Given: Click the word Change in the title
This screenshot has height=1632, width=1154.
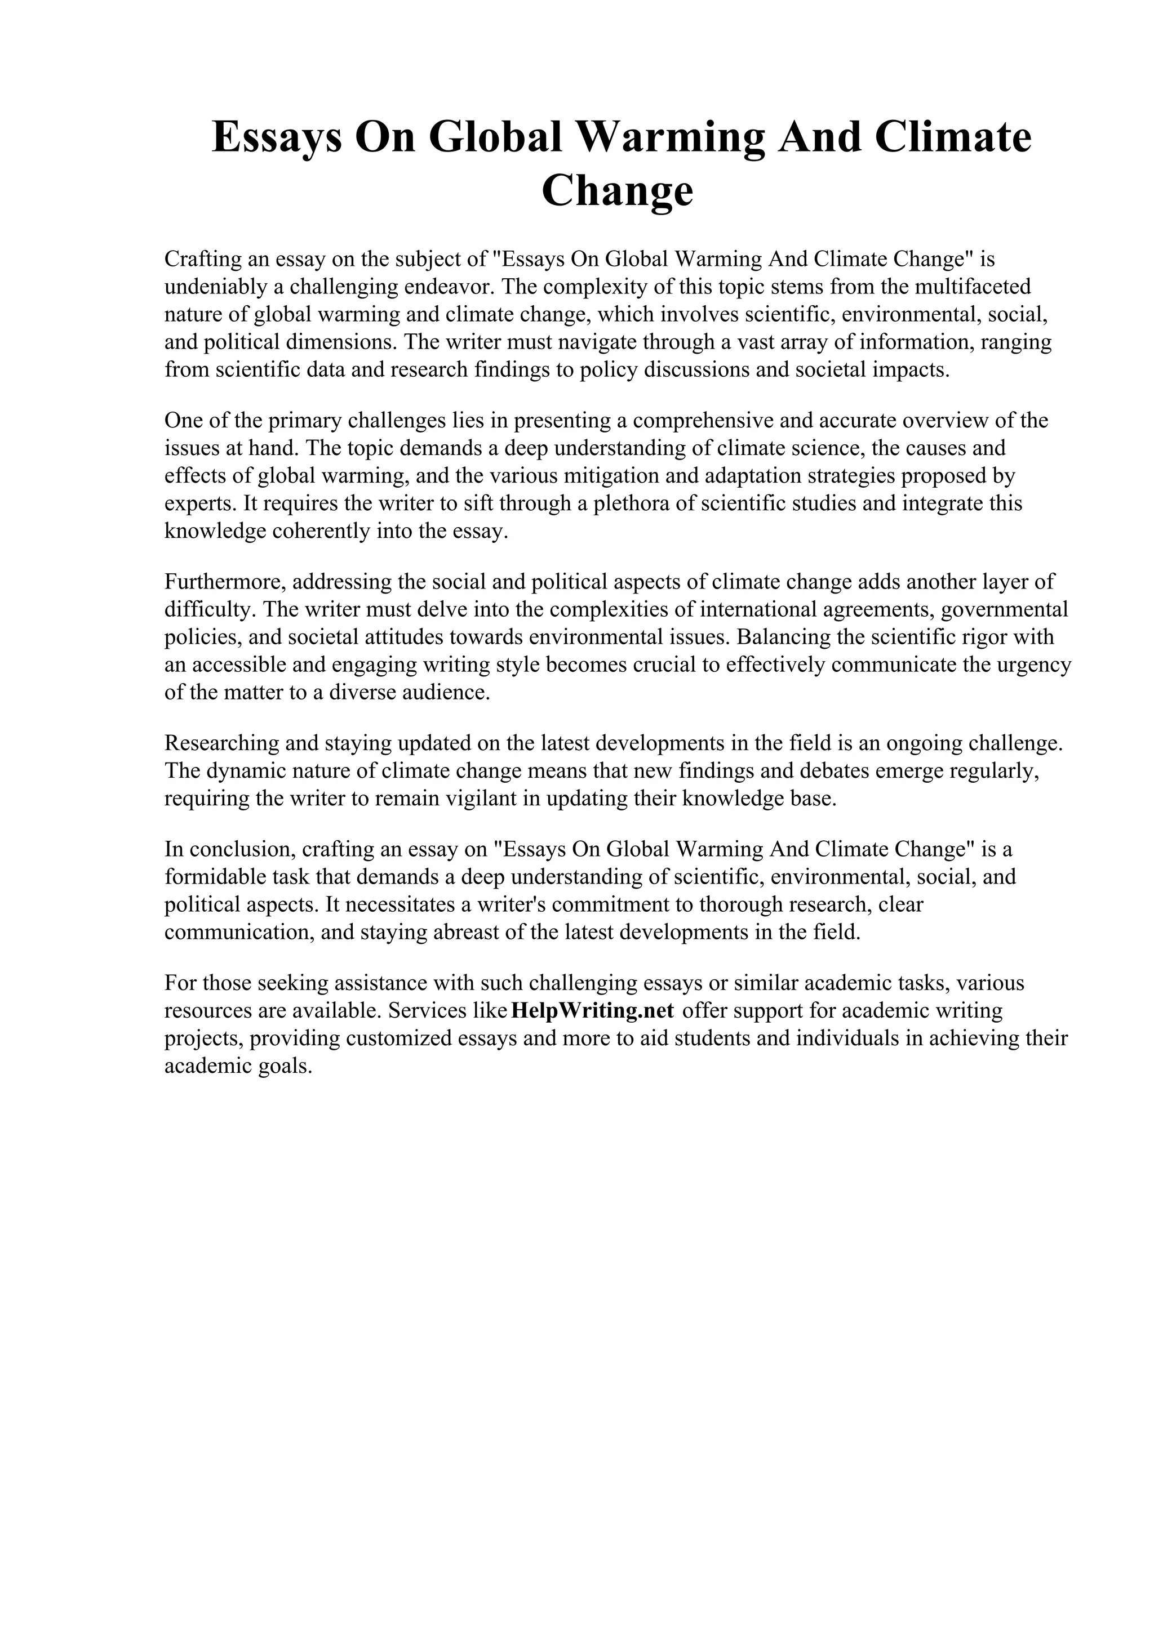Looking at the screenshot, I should [617, 191].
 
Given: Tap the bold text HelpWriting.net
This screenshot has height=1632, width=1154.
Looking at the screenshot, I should [592, 1010].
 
